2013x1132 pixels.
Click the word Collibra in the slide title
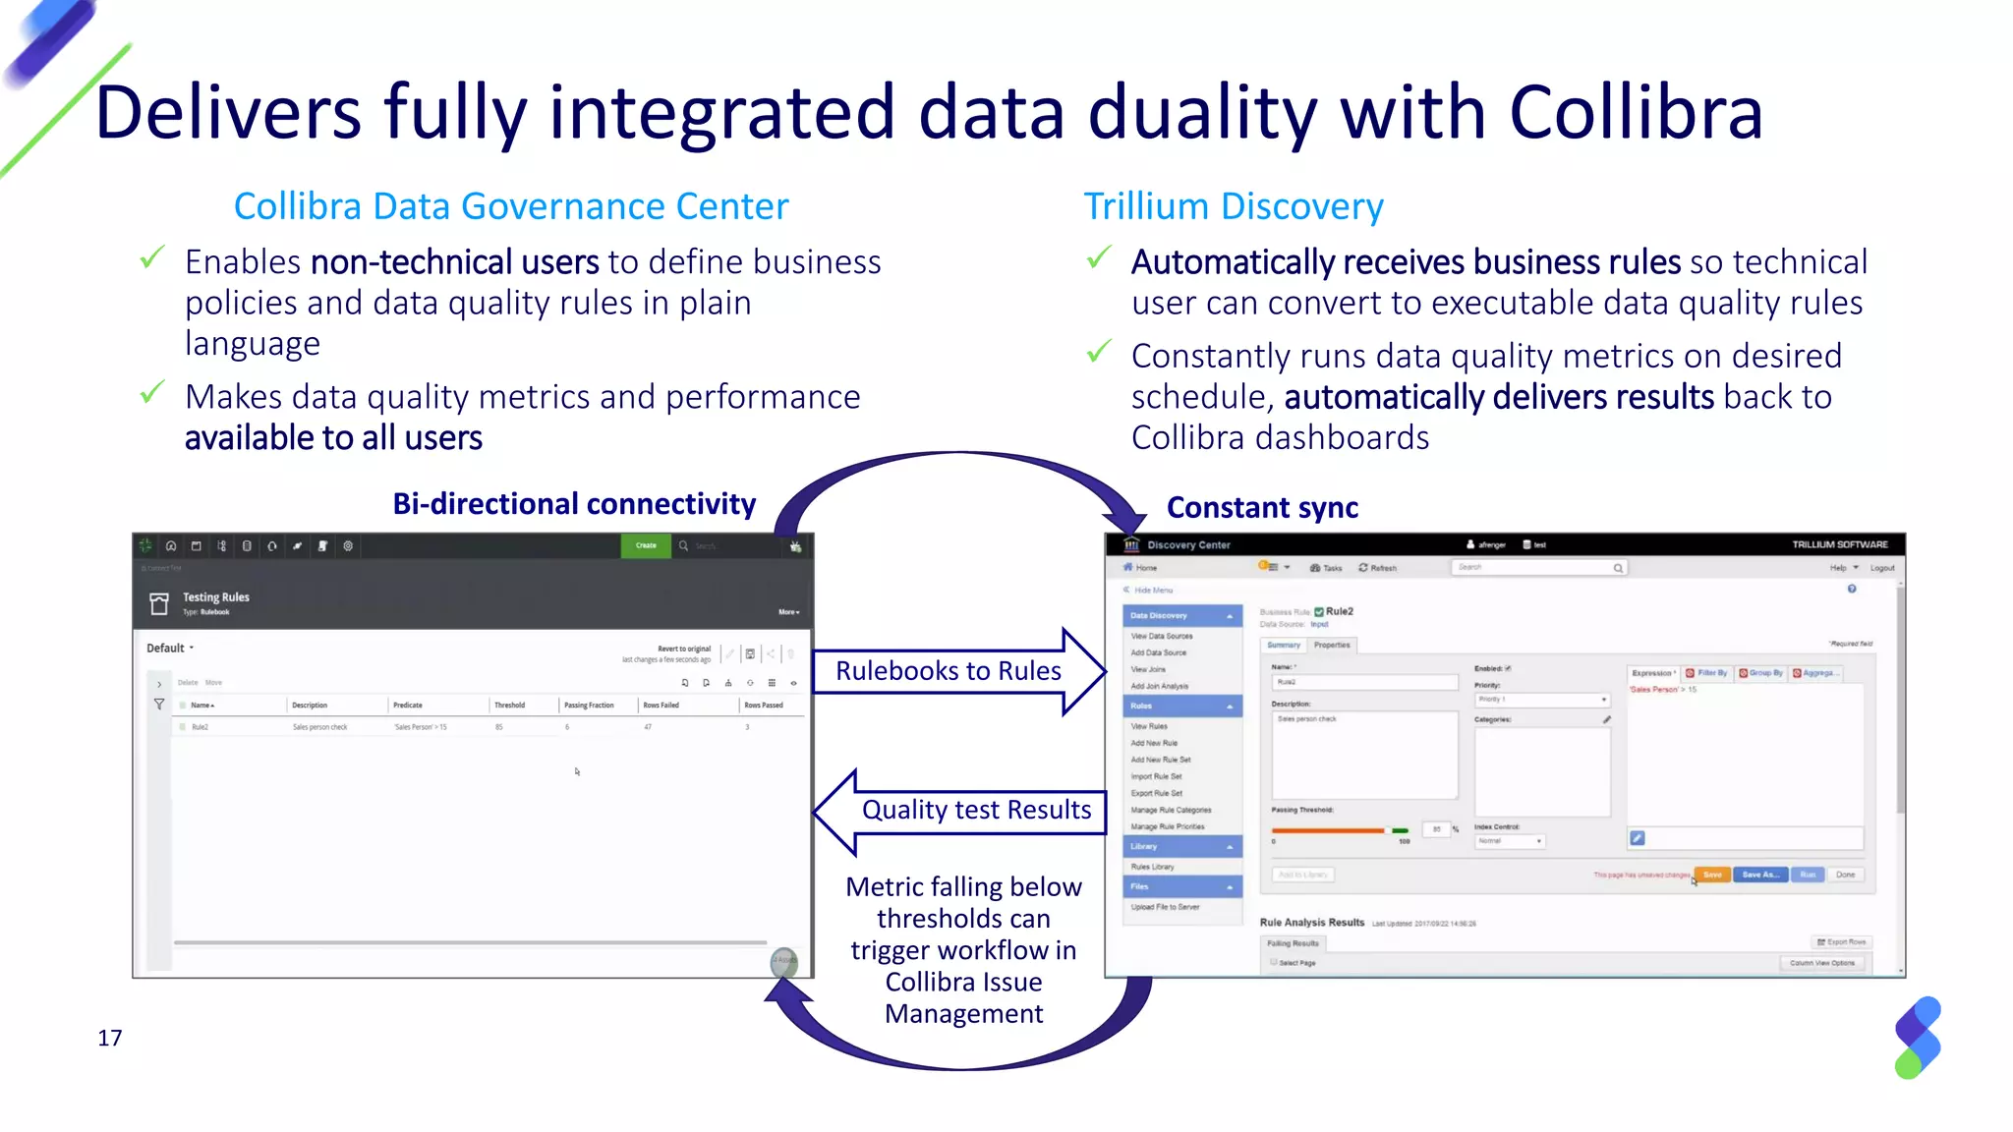tap(1636, 113)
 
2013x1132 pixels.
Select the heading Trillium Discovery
tap(1233, 206)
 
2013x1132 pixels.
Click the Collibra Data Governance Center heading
tap(511, 206)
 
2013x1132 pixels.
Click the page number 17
tap(110, 1038)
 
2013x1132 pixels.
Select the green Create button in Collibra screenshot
tap(646, 545)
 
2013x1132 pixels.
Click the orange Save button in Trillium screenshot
tap(1712, 875)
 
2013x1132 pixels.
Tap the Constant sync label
tap(1262, 508)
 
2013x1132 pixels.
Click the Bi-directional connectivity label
tap(574, 504)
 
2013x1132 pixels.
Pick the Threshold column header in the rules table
tap(509, 705)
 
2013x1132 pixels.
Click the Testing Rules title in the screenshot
tap(215, 597)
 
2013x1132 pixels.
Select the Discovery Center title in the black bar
tap(1188, 544)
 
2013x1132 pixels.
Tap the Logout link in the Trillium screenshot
tap(1881, 568)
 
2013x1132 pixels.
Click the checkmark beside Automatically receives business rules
tap(1100, 258)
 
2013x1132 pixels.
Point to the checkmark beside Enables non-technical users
tap(152, 258)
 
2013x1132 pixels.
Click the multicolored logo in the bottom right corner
tap(1918, 1038)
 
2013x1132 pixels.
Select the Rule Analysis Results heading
tap(1311, 923)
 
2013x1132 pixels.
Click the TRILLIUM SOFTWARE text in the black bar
tap(1839, 544)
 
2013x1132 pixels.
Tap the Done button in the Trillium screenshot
tap(1845, 875)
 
